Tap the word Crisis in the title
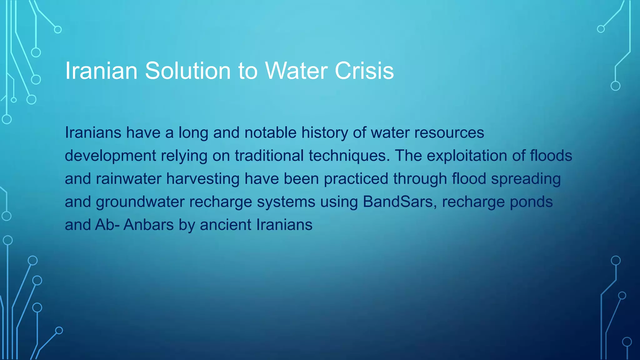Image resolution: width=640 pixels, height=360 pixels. click(x=364, y=71)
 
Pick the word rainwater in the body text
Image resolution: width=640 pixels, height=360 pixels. click(x=128, y=179)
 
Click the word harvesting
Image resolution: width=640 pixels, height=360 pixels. click(x=203, y=179)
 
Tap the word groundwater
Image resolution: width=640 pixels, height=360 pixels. click(x=140, y=202)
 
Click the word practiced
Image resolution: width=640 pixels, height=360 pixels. click(x=356, y=179)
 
